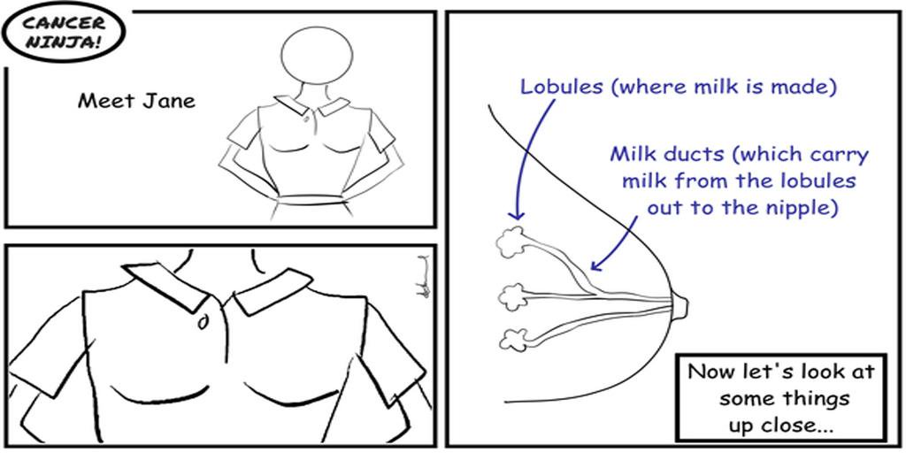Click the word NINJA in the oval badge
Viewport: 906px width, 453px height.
pos(63,42)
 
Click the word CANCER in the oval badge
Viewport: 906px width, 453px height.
pos(63,23)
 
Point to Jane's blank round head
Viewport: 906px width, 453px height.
pos(317,53)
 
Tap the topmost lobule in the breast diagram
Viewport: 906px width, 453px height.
pos(511,243)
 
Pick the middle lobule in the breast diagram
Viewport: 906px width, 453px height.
pos(511,297)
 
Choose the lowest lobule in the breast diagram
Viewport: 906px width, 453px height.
pos(512,340)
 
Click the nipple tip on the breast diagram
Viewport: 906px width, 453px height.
pos(682,305)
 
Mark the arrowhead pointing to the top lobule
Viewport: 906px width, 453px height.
pos(516,215)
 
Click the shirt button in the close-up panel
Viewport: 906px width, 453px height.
pos(203,322)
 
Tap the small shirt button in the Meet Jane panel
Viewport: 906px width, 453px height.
pos(305,119)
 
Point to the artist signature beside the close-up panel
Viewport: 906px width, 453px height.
pos(424,276)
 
